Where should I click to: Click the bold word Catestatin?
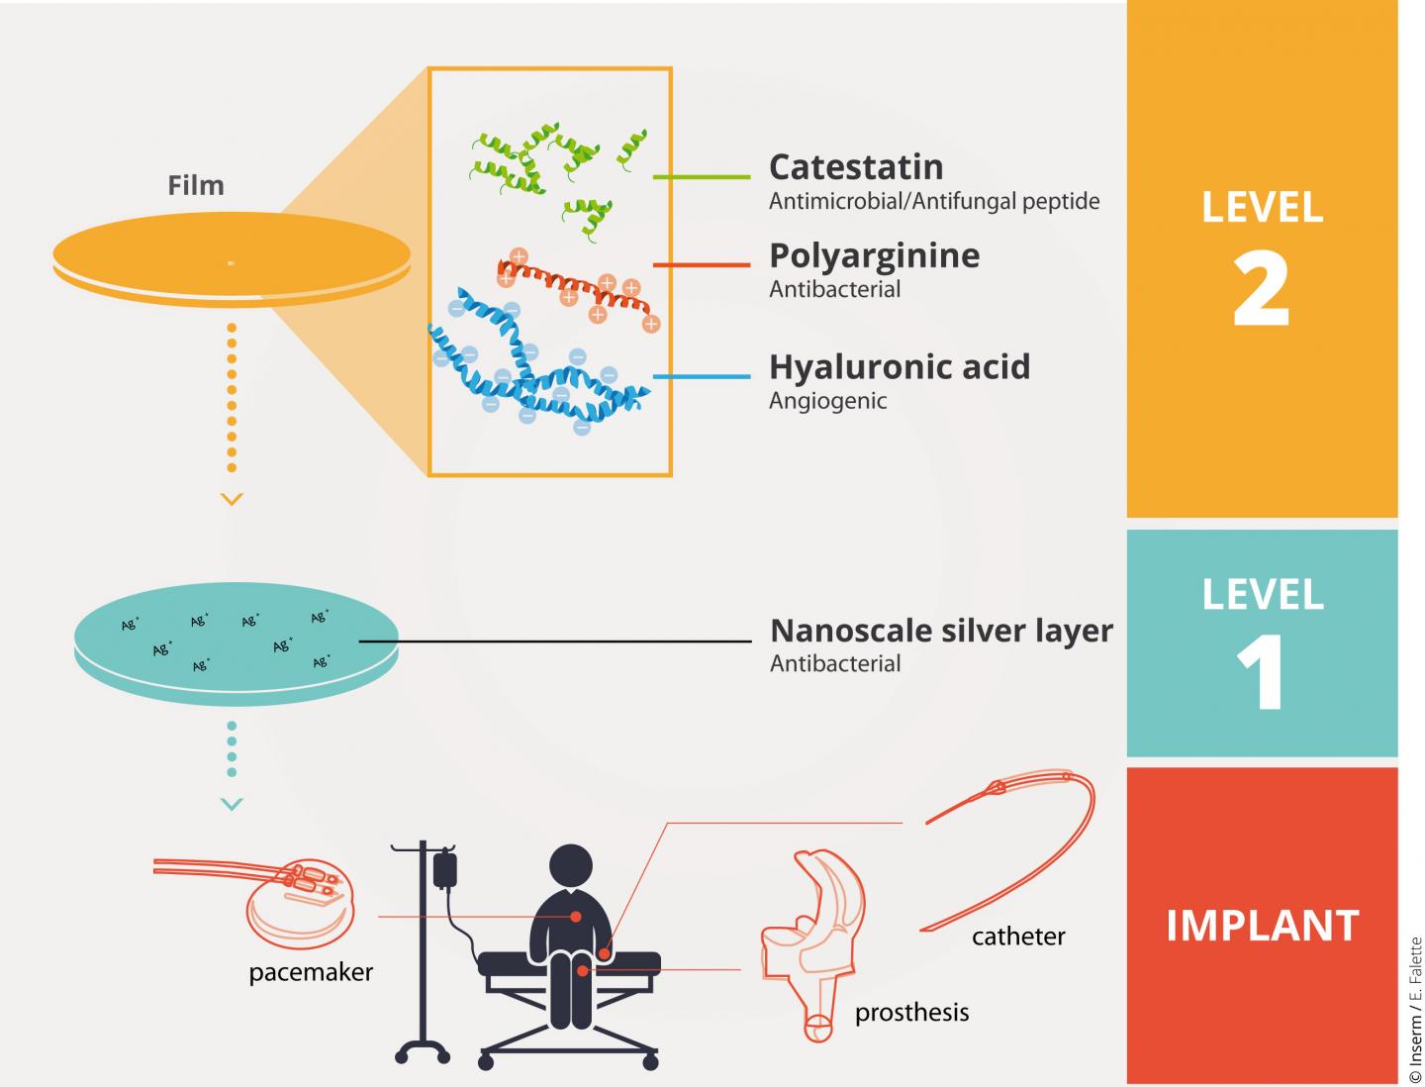point(856,167)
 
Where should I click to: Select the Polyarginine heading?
point(874,256)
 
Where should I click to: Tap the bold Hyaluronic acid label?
point(900,367)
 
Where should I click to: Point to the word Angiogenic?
point(827,401)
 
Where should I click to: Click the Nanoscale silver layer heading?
point(941,631)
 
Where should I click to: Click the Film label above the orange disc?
point(196,186)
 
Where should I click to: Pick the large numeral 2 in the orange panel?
point(1261,290)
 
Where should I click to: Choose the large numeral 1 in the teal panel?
point(1261,673)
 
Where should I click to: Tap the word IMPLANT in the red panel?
point(1262,926)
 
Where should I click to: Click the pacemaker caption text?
point(311,973)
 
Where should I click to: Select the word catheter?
point(1018,937)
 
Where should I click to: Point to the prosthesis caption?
point(912,1013)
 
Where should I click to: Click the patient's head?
point(571,865)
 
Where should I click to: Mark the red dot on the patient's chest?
point(575,916)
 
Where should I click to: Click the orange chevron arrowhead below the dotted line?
point(232,499)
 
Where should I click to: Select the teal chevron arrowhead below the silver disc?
point(232,804)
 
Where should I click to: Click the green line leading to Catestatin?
point(702,176)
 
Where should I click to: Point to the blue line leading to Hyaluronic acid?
point(702,376)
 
